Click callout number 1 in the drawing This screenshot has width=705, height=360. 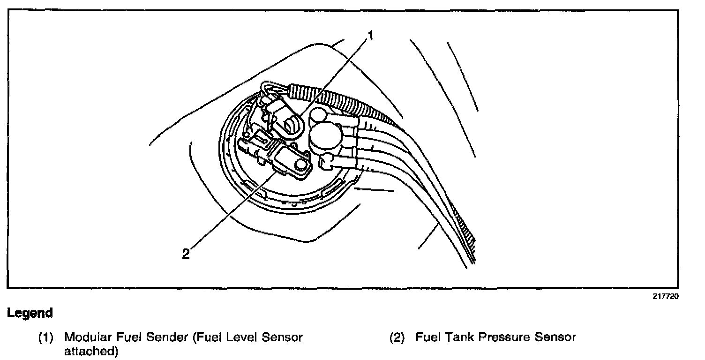pos(370,36)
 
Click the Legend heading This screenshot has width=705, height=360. pos(30,313)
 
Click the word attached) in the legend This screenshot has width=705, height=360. pos(91,351)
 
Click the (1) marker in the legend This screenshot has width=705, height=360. pos(46,337)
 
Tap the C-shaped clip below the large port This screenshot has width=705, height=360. pos(327,162)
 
